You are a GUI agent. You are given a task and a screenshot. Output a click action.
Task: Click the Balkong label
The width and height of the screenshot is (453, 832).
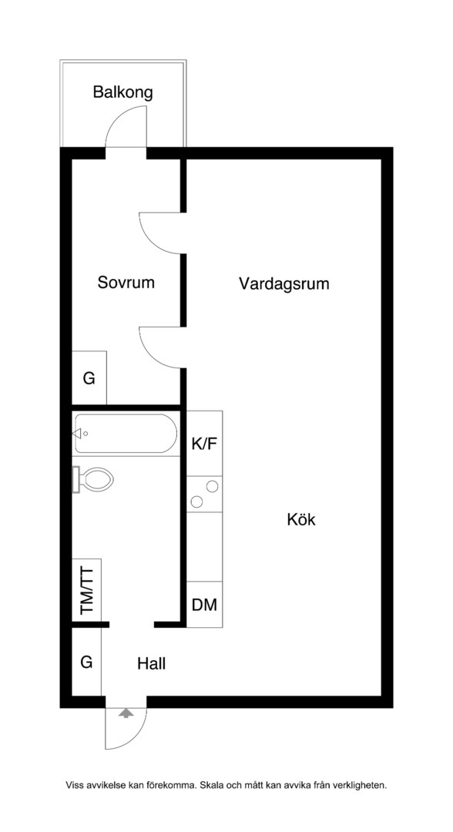pos(122,92)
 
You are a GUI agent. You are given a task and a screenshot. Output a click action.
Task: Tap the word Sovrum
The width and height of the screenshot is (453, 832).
pos(126,282)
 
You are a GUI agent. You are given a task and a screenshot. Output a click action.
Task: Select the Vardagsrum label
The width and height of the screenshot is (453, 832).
pos(284,283)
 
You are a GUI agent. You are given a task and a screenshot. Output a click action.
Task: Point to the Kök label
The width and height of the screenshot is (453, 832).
pos(300,519)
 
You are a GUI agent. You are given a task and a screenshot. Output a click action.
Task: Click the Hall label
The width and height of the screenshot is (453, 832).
pos(151,663)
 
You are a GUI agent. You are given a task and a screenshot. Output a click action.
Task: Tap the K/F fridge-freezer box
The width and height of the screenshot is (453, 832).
pos(204,443)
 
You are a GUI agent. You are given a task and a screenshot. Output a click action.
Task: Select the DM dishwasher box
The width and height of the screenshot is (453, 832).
pos(204,605)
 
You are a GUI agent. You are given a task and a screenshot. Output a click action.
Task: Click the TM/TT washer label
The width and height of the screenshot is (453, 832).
pos(86,591)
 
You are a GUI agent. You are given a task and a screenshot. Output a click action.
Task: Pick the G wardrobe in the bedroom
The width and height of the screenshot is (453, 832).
pos(89,378)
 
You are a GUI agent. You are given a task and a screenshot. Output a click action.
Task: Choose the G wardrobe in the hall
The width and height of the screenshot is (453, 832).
pos(86,662)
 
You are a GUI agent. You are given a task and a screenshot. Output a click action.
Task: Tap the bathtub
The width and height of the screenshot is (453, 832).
pos(125,434)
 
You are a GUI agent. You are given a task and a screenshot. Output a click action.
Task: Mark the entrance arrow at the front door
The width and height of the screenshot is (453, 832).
pos(125,713)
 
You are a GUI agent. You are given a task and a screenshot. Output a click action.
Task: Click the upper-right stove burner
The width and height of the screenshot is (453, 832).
pos(212,485)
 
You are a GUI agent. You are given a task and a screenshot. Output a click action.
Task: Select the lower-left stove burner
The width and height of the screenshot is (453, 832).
pos(196,502)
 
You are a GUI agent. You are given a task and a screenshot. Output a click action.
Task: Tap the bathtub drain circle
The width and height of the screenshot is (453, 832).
pos(86,434)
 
